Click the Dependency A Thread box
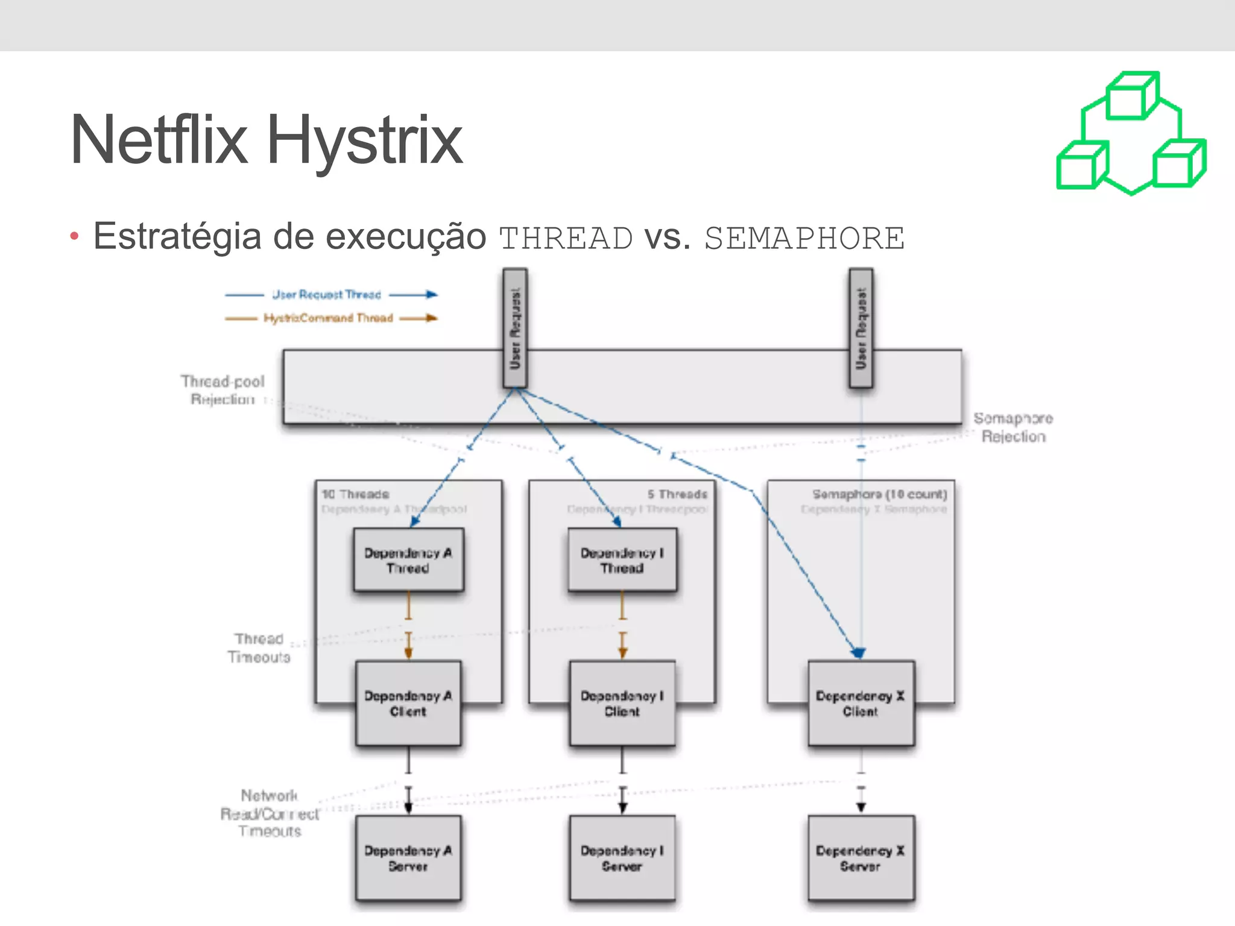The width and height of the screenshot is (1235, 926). click(408, 559)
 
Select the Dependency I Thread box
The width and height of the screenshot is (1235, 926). click(622, 559)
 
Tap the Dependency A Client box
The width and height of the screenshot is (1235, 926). click(408, 703)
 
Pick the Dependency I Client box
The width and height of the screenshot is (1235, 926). click(622, 703)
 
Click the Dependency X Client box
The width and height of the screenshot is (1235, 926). click(861, 703)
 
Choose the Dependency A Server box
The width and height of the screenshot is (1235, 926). click(408, 857)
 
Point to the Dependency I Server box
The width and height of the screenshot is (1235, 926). click(622, 857)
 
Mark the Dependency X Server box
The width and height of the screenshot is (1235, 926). click(861, 857)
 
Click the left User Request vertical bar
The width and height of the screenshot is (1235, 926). click(515, 328)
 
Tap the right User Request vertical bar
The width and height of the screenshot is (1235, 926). click(861, 328)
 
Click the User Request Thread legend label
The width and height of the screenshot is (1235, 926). click(326, 295)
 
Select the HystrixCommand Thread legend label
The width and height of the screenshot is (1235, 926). click(328, 318)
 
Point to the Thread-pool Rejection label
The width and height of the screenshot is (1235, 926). click(223, 390)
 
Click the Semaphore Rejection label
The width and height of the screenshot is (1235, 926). click(1013, 427)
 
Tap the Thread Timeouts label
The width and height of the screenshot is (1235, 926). click(259, 647)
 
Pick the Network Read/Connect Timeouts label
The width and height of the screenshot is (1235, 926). click(270, 813)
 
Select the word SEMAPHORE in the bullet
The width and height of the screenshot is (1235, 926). click(804, 238)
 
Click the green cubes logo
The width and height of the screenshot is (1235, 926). click(1131, 134)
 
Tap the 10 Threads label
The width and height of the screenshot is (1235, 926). click(355, 494)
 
